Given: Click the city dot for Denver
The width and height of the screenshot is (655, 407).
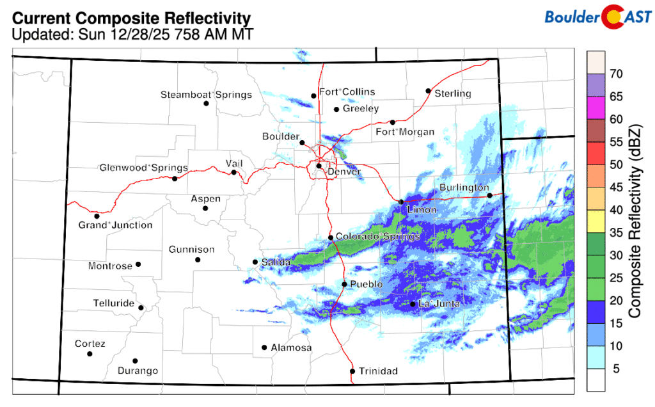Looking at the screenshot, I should click(319, 166).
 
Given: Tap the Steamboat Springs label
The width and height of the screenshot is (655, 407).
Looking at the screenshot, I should click(206, 95).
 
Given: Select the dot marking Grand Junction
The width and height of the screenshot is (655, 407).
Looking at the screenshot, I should click(97, 216).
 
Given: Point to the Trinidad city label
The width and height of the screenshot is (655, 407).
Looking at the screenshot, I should click(378, 371).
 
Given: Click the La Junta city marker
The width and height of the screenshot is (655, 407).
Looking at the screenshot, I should click(413, 304).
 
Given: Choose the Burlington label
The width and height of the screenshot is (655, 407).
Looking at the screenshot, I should click(464, 188).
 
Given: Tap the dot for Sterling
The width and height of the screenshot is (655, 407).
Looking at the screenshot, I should click(428, 90).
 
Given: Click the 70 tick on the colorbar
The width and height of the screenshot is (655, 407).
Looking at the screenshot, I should click(616, 74).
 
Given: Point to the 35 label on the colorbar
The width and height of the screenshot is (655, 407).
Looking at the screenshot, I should click(616, 232).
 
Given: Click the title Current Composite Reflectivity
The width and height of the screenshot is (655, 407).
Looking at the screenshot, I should click(131, 18).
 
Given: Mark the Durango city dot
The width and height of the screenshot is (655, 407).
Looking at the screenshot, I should click(135, 361).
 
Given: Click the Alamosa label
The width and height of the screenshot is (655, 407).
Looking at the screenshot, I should click(291, 348).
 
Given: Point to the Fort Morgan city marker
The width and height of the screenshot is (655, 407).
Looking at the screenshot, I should click(392, 122).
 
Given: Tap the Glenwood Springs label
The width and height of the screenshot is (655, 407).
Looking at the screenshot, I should click(143, 168).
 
